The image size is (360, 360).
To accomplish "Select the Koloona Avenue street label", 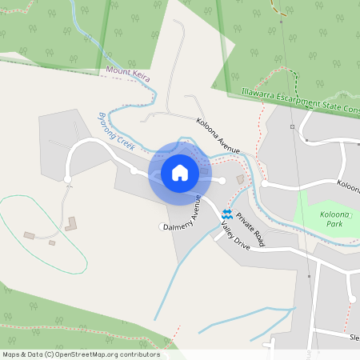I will pos(218,137).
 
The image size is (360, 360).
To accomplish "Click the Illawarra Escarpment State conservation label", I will pos(299,100).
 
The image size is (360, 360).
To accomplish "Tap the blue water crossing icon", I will pos(227,214).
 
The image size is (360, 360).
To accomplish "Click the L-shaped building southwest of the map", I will pos(72,223).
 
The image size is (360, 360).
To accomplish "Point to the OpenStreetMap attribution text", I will pos(80,354).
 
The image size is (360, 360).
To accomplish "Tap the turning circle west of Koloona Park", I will pos(266,183).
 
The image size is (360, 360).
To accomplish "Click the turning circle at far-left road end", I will pos(67,179).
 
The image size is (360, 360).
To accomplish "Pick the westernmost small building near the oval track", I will pos(30,235).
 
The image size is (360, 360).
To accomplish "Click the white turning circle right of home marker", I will pos(222,180).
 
